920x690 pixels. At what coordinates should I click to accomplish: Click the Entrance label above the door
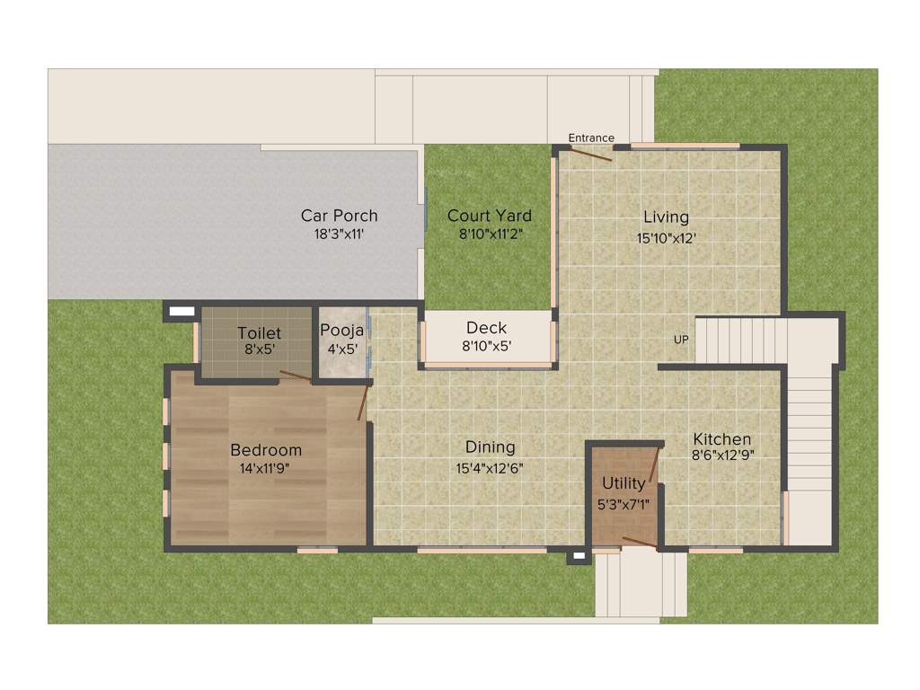pyautogui.click(x=591, y=137)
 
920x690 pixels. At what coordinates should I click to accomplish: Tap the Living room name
pyautogui.click(x=666, y=217)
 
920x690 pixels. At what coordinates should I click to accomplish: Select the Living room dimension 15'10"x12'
pyautogui.click(x=666, y=238)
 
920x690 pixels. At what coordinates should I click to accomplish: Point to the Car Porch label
pyautogui.click(x=339, y=216)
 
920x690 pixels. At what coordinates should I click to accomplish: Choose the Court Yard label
pyautogui.click(x=490, y=216)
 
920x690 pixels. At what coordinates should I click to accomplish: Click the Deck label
pyautogui.click(x=486, y=328)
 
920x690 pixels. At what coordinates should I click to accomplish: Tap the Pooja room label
pyautogui.click(x=341, y=330)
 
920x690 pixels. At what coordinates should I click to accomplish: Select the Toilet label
pyautogui.click(x=259, y=333)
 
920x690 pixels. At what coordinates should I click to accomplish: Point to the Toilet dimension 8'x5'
pyautogui.click(x=259, y=350)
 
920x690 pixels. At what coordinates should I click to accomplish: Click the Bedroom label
pyautogui.click(x=266, y=450)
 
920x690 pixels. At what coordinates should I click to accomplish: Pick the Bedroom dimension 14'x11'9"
pyautogui.click(x=266, y=468)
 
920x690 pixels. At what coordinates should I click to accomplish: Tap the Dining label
pyautogui.click(x=490, y=447)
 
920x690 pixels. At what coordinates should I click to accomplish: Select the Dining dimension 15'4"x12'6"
pyautogui.click(x=490, y=468)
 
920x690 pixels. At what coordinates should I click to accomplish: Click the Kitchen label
pyautogui.click(x=721, y=439)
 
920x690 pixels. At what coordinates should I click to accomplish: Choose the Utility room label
pyautogui.click(x=624, y=483)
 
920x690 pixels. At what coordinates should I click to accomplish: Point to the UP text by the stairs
pyautogui.click(x=682, y=340)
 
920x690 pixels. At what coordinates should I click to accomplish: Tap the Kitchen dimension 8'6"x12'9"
pyautogui.click(x=721, y=456)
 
